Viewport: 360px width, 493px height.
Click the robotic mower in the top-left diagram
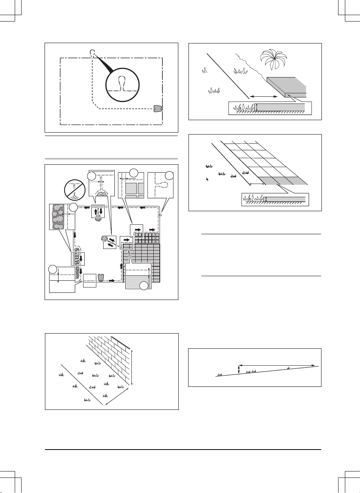[158, 108]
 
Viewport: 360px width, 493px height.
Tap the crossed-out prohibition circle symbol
[74, 190]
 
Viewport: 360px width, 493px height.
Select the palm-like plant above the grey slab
[274, 59]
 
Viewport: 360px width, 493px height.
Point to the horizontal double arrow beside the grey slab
[263, 96]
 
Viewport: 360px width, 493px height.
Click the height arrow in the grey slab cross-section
[257, 107]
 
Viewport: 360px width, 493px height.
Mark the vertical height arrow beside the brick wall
[132, 367]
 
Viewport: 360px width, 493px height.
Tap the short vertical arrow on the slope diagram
[239, 369]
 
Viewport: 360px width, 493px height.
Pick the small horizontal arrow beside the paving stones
[257, 184]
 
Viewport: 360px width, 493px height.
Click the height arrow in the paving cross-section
[266, 199]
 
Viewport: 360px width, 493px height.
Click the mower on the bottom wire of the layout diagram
[100, 278]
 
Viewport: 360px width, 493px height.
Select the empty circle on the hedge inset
[73, 207]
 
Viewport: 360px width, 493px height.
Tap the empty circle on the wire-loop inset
[170, 175]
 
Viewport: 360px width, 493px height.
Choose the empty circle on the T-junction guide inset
[91, 176]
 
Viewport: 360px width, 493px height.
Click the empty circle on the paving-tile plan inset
[133, 173]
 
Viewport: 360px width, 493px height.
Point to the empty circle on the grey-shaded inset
[144, 286]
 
